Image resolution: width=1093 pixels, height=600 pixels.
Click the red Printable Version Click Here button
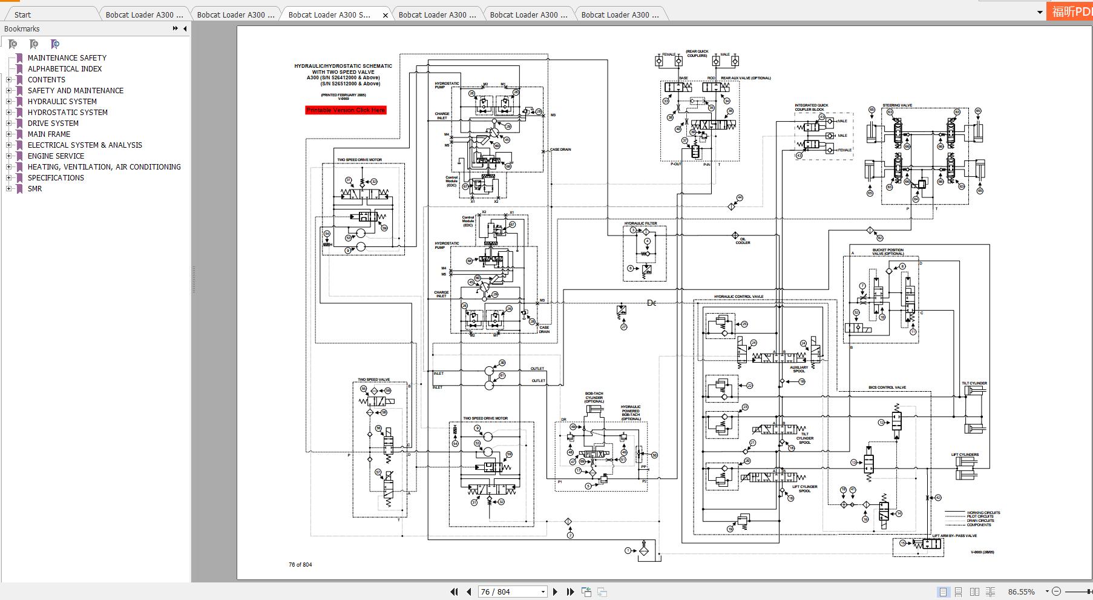[346, 110]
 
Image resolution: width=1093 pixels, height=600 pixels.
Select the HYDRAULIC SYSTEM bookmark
[62, 102]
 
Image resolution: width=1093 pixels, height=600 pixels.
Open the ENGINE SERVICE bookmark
[56, 156]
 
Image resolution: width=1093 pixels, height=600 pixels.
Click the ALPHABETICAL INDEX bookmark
[65, 69]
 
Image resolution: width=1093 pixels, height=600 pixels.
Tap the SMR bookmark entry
[34, 189]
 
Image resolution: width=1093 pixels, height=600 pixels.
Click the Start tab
[23, 15]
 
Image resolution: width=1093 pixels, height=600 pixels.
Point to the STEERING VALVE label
[897, 105]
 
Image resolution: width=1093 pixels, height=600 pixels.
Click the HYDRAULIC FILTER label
[640, 223]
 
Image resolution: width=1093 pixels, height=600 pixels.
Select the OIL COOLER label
[743, 241]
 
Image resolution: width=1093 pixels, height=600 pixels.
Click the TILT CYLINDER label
[974, 383]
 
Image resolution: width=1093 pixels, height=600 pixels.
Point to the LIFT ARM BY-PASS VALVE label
[954, 536]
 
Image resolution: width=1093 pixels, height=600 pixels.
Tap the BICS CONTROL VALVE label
[887, 387]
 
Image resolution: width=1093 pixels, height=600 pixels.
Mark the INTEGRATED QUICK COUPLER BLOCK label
[811, 107]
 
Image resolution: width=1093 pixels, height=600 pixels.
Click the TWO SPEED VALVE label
[373, 380]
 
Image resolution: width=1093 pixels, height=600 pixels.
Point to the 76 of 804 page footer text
[300, 565]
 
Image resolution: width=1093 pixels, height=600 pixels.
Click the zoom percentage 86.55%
[1022, 592]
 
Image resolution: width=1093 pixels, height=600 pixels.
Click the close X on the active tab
[386, 15]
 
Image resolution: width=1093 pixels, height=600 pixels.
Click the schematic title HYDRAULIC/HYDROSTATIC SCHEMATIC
[343, 66]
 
